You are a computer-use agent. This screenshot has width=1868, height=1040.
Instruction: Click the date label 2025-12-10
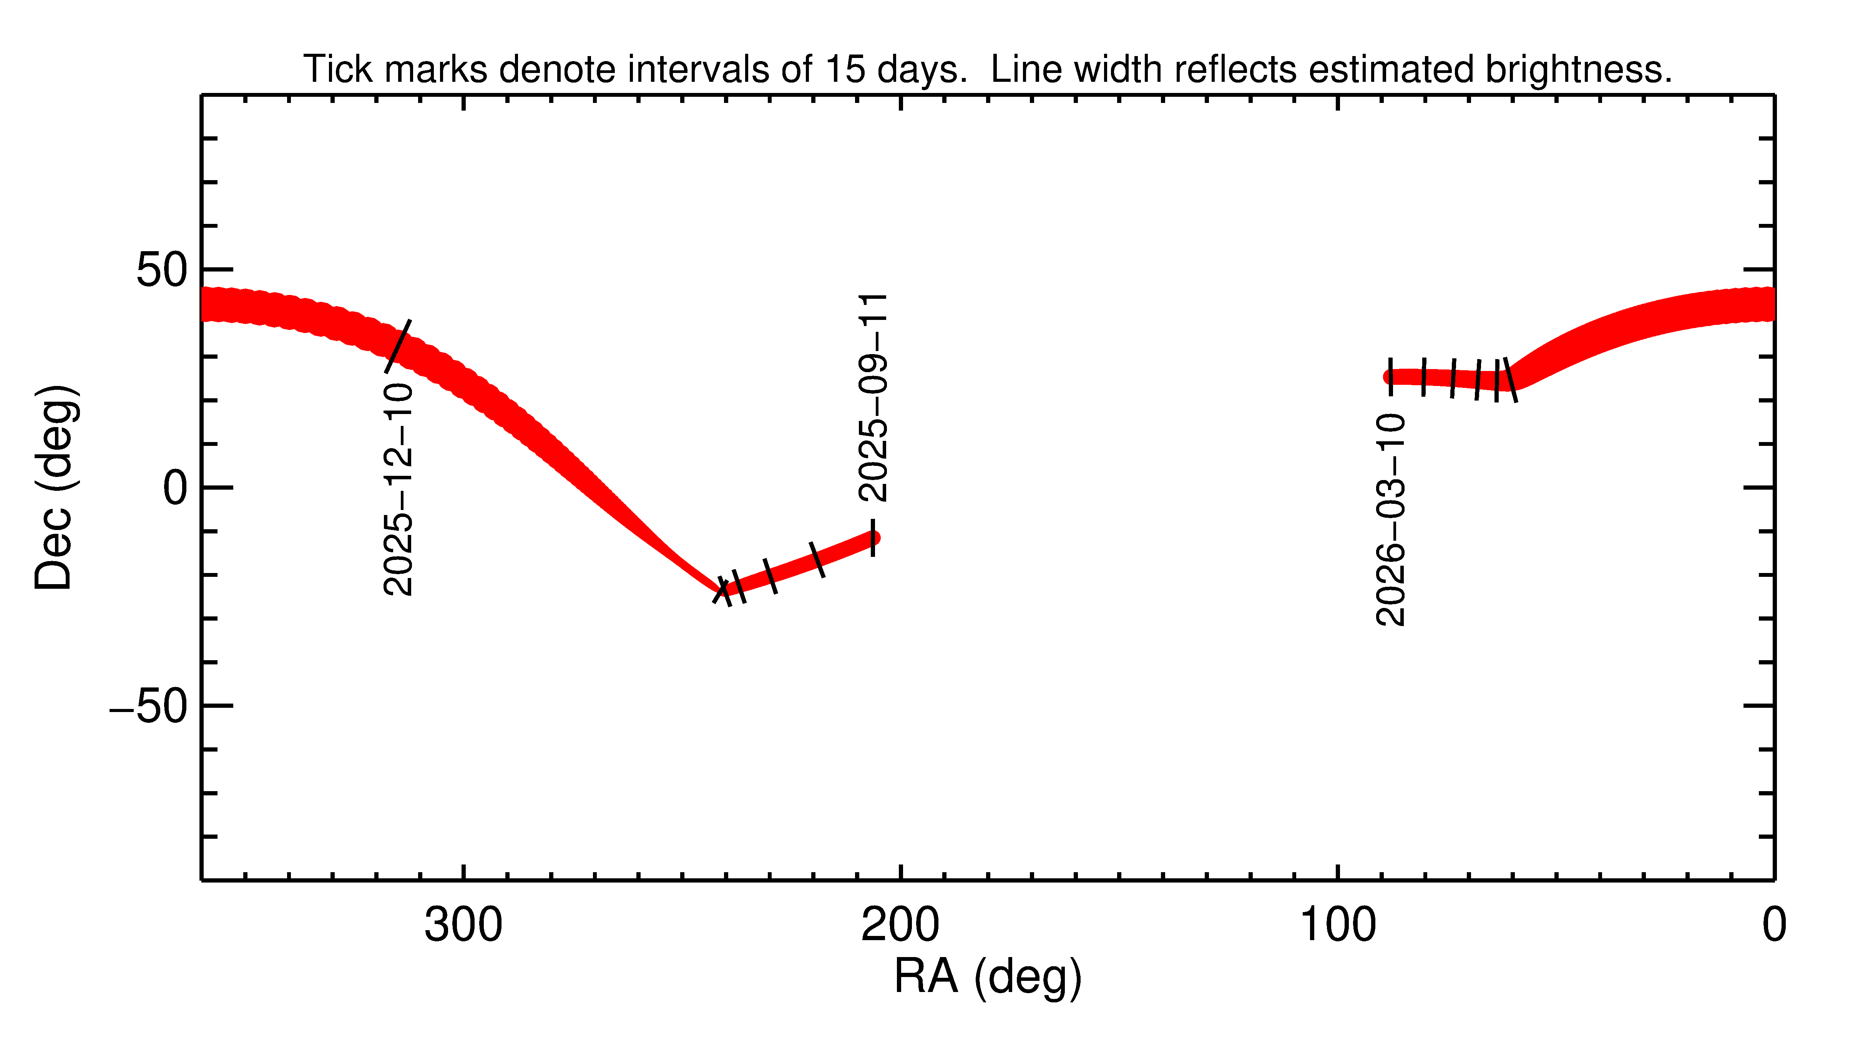398,490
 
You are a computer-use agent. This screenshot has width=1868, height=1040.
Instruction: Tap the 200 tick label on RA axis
900,926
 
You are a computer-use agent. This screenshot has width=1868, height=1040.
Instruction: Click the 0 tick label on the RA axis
1774,926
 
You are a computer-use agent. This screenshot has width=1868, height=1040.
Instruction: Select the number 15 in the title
845,70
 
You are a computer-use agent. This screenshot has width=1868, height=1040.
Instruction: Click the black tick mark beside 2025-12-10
397,346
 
